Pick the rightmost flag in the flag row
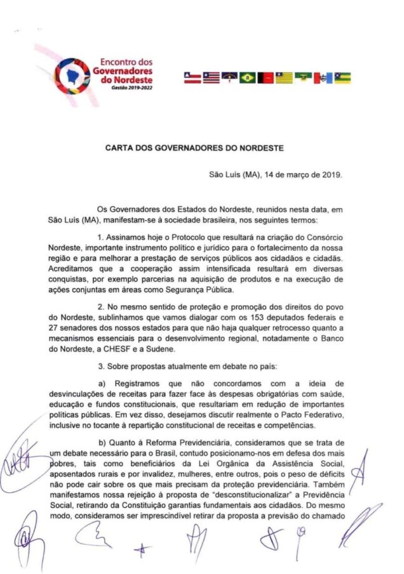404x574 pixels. pos(342,78)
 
